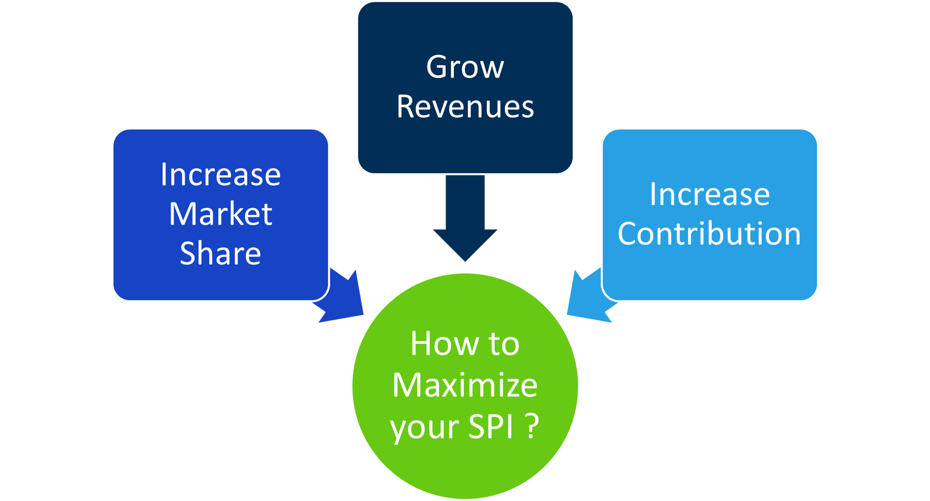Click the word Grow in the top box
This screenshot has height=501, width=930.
465,67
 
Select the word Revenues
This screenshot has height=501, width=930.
465,107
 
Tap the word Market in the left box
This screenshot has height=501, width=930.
220,214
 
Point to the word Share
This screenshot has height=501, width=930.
220,254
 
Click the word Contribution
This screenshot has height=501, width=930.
709,233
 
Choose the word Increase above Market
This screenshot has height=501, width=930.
220,175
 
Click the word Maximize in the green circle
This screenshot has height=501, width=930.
465,385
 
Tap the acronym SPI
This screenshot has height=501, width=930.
491,426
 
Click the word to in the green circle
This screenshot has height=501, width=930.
504,344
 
